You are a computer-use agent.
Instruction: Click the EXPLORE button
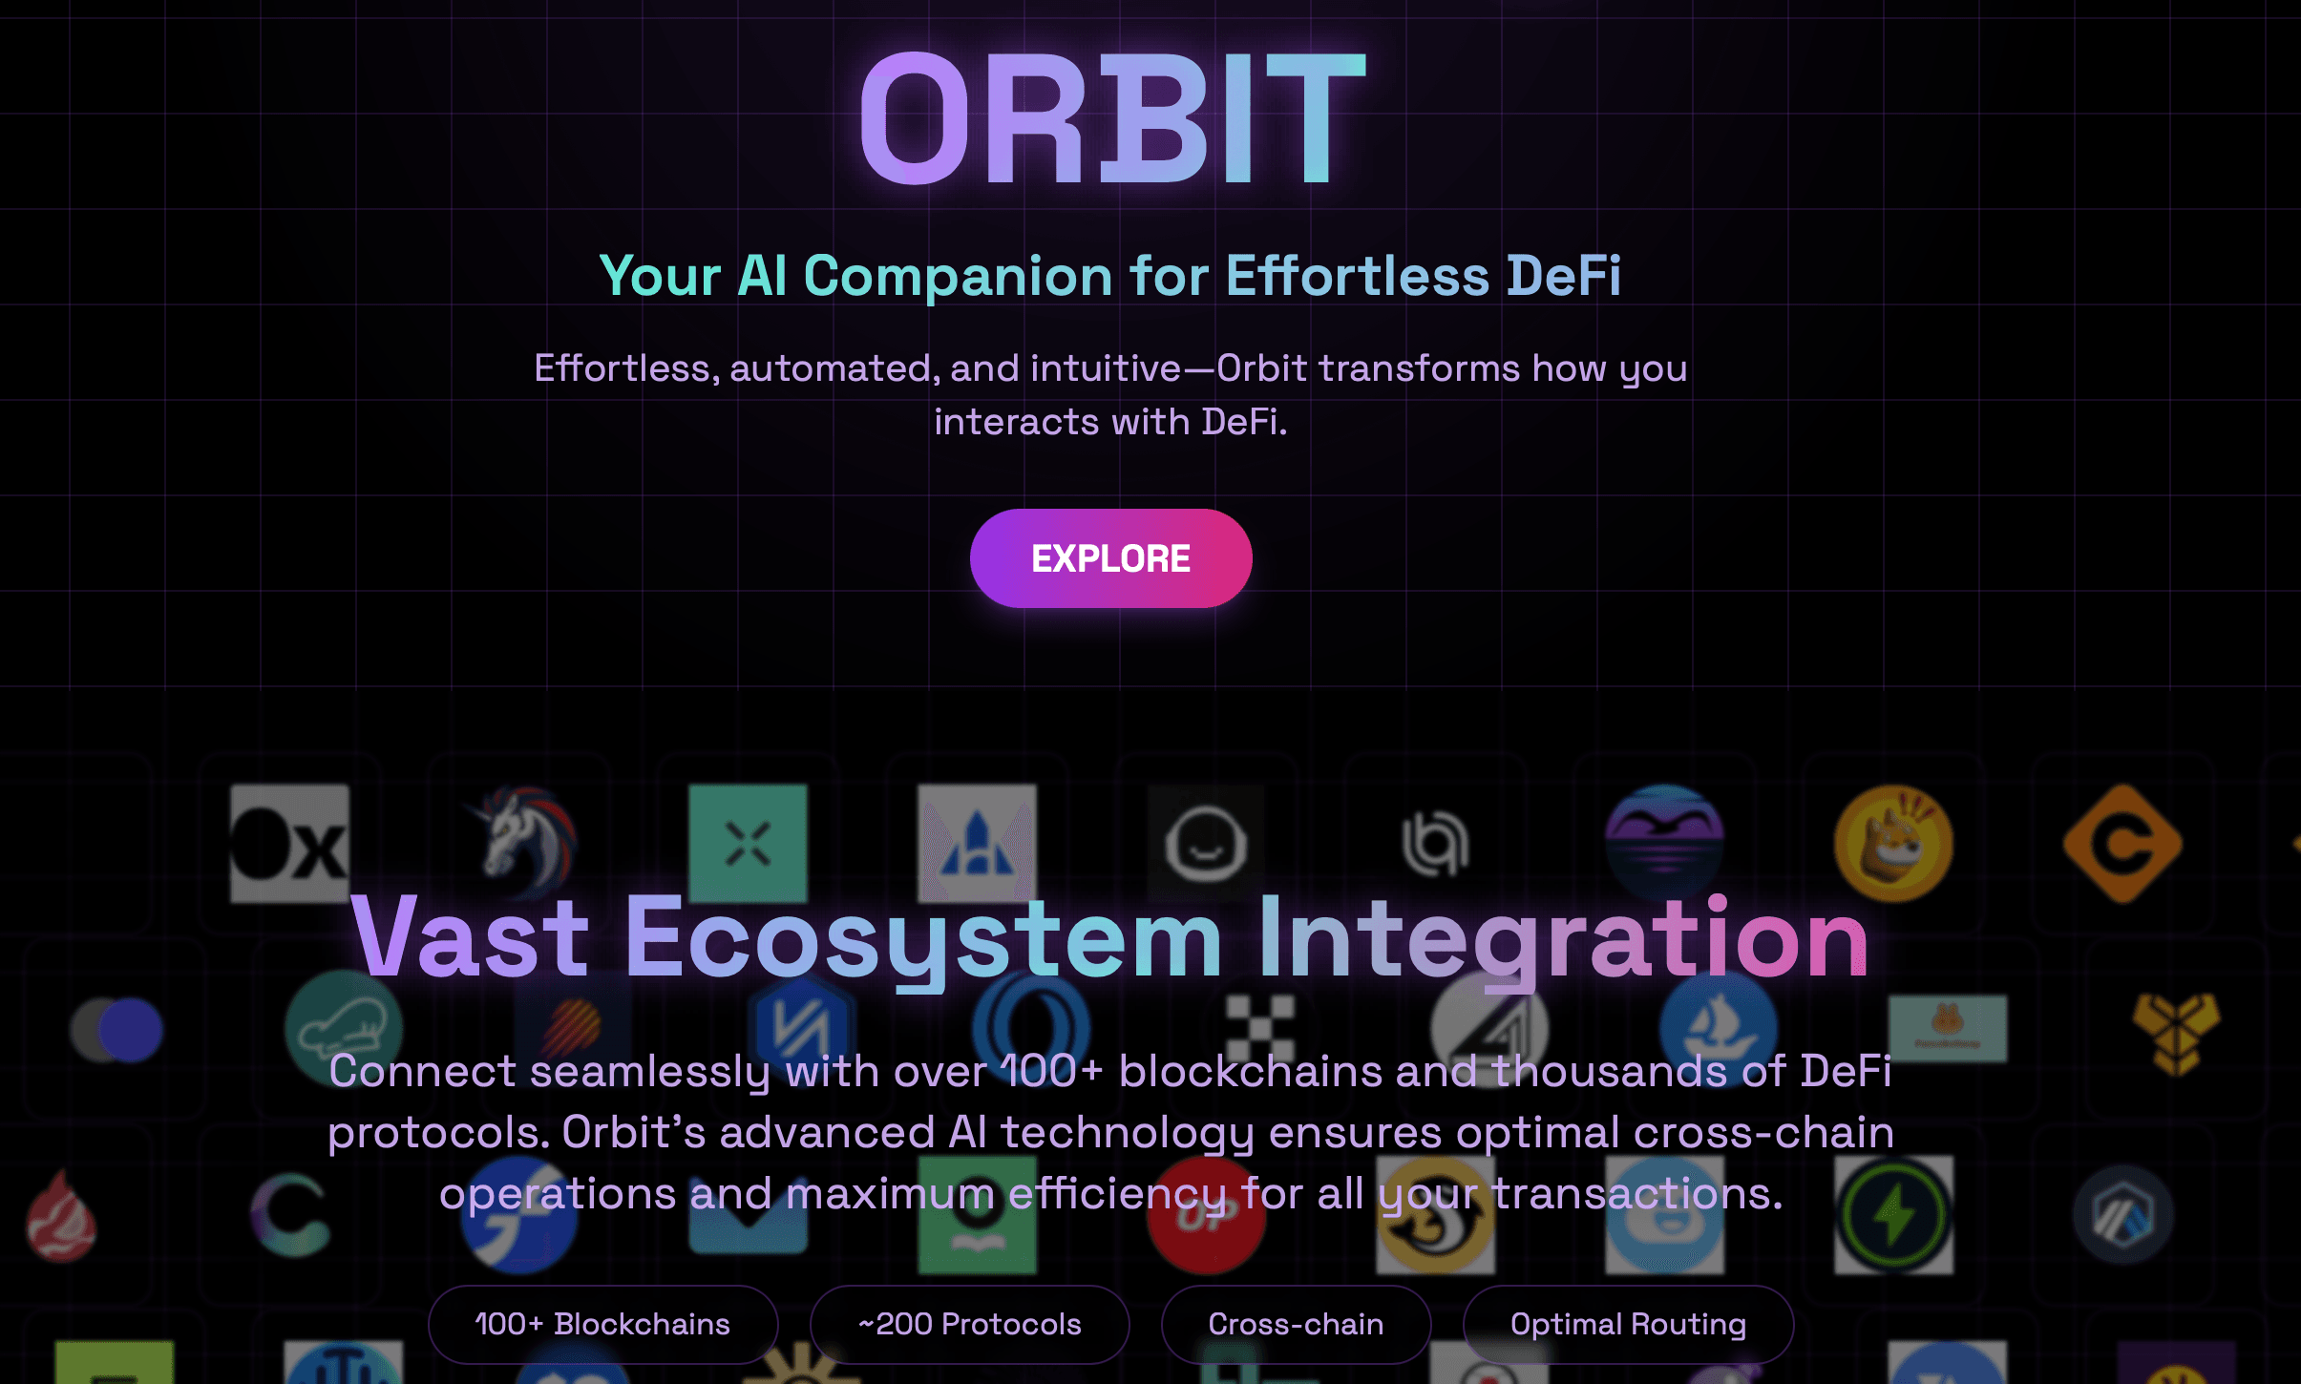click(1110, 558)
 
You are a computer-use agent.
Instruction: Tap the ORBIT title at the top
click(1112, 118)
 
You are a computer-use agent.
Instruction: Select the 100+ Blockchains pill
click(602, 1324)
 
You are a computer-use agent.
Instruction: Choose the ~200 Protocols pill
click(969, 1324)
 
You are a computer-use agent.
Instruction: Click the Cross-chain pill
click(1296, 1324)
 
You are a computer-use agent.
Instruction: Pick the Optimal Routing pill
click(1628, 1324)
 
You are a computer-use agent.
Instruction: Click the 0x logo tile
click(289, 844)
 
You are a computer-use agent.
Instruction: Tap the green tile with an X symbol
click(748, 844)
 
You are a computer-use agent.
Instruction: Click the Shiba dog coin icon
click(1893, 844)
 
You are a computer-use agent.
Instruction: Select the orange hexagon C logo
click(2122, 844)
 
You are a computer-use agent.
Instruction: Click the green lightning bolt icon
click(1893, 1215)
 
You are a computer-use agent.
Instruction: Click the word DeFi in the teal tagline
click(1564, 276)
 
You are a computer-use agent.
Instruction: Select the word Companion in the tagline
click(959, 278)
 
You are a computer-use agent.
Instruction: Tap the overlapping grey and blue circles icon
click(116, 1030)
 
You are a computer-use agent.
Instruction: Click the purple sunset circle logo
click(1664, 844)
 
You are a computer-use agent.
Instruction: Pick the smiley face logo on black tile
click(1206, 844)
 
